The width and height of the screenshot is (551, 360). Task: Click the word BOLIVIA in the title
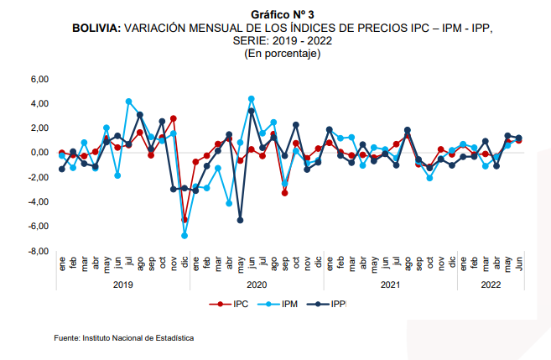pyautogui.click(x=96, y=28)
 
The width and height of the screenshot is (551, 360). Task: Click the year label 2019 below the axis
pyautogui.click(x=123, y=284)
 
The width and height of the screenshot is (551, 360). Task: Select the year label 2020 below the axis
pyautogui.click(x=257, y=284)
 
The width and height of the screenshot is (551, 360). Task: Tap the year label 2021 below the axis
pyautogui.click(x=390, y=284)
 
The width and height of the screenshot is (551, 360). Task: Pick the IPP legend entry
pyautogui.click(x=337, y=304)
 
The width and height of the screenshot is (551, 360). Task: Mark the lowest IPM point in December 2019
pyautogui.click(x=185, y=236)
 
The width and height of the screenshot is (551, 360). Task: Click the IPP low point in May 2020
pyautogui.click(x=240, y=220)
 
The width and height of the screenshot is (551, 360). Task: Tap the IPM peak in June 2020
pyautogui.click(x=251, y=99)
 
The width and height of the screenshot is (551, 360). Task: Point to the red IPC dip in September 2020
pyautogui.click(x=284, y=193)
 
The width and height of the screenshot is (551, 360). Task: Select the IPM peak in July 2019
pyautogui.click(x=128, y=102)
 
